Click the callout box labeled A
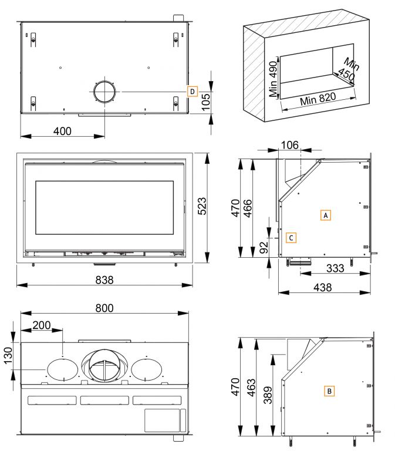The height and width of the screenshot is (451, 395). pos(326,215)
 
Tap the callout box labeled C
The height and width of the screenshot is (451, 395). pos(291,237)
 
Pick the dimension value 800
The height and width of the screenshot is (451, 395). pos(103,308)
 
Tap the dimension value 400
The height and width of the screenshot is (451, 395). pos(62,131)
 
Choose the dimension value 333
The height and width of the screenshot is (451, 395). pos(335,268)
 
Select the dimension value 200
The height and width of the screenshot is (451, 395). pos(42,325)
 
